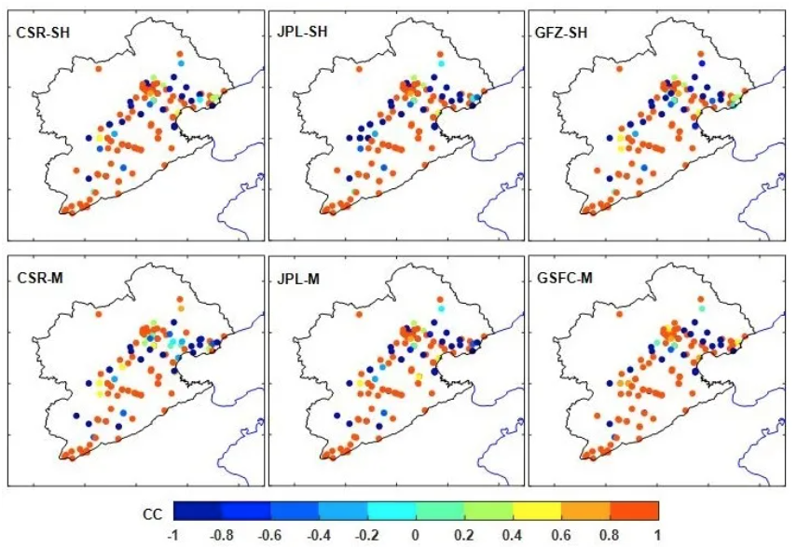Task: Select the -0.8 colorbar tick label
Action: (x=221, y=534)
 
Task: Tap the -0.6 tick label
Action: (x=269, y=534)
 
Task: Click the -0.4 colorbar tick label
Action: (x=318, y=534)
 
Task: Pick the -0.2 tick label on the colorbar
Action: (x=366, y=534)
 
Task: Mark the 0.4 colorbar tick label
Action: (x=513, y=534)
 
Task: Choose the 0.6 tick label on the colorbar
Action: (x=561, y=534)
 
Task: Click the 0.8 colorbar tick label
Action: (x=610, y=534)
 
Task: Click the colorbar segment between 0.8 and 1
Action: (x=634, y=511)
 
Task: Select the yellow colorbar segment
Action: (x=537, y=511)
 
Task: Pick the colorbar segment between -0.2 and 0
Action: (x=392, y=511)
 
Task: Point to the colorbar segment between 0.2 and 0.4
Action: (x=488, y=511)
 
